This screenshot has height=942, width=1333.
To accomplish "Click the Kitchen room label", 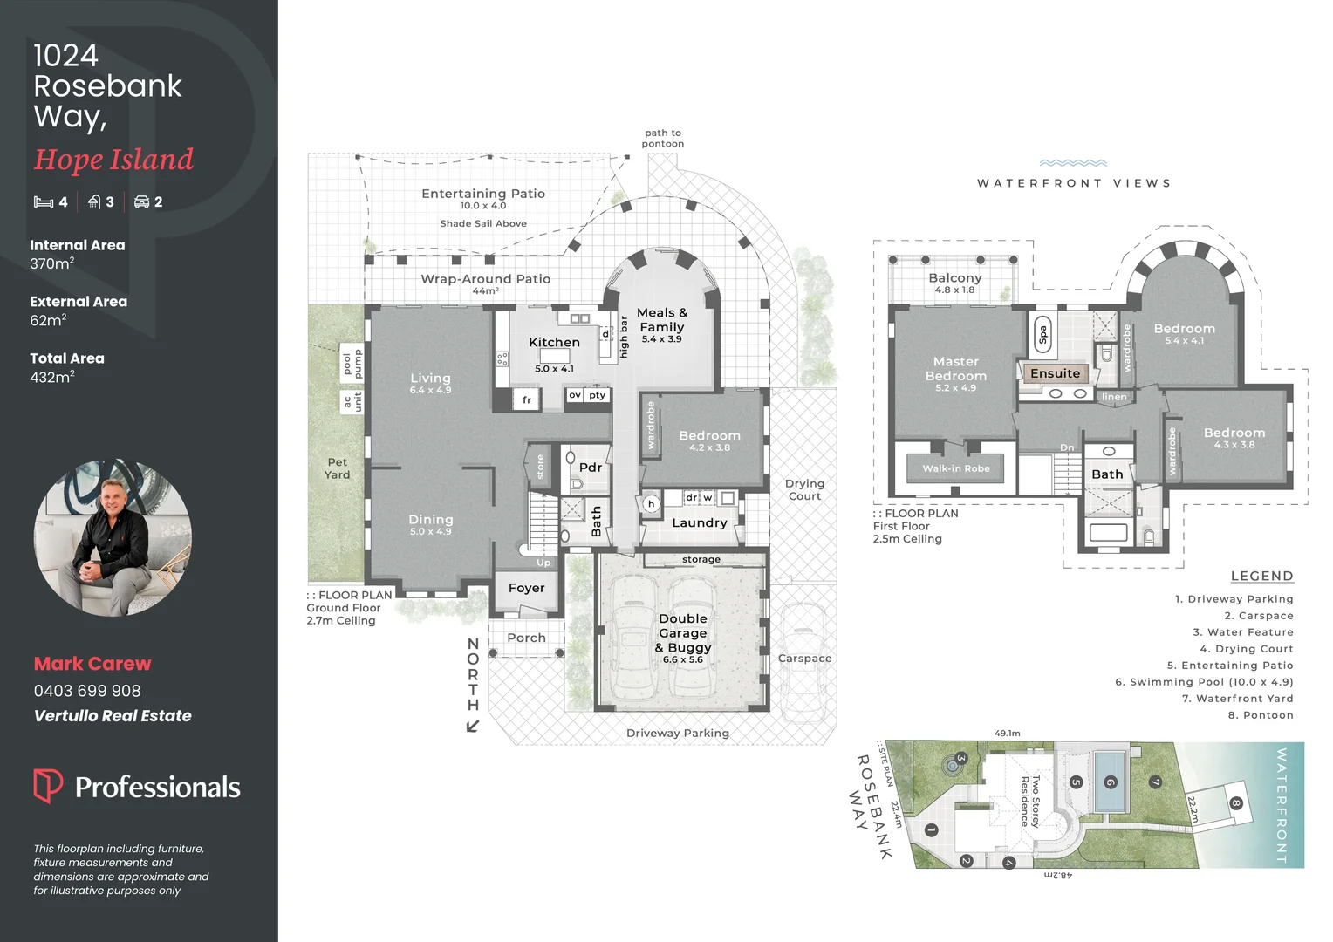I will (554, 343).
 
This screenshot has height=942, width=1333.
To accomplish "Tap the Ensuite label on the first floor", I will (1055, 373).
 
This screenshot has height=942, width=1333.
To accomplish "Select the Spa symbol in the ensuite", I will (1042, 334).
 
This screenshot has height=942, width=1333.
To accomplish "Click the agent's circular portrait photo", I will (113, 538).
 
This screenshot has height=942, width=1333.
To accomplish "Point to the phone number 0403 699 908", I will (87, 691).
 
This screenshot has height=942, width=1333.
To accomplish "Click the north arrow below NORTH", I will (473, 726).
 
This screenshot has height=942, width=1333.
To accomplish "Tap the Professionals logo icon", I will (48, 786).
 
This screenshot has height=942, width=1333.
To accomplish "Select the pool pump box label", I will (352, 364).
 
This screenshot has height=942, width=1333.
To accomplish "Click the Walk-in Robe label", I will (956, 468).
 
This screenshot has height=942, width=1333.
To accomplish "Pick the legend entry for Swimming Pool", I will (1204, 682).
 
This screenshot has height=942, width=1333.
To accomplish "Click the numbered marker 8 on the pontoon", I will (1235, 803).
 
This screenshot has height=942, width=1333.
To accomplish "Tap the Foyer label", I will (526, 588).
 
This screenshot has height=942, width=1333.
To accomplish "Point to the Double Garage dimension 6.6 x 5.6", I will (682, 660).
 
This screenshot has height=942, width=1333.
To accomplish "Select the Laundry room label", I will (699, 522).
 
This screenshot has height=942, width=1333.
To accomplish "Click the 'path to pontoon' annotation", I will (663, 139).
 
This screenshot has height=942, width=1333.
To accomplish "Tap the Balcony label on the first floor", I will (954, 278).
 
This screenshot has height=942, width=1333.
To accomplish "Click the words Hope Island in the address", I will (113, 160).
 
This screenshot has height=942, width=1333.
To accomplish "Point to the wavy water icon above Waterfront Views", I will (1073, 163).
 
